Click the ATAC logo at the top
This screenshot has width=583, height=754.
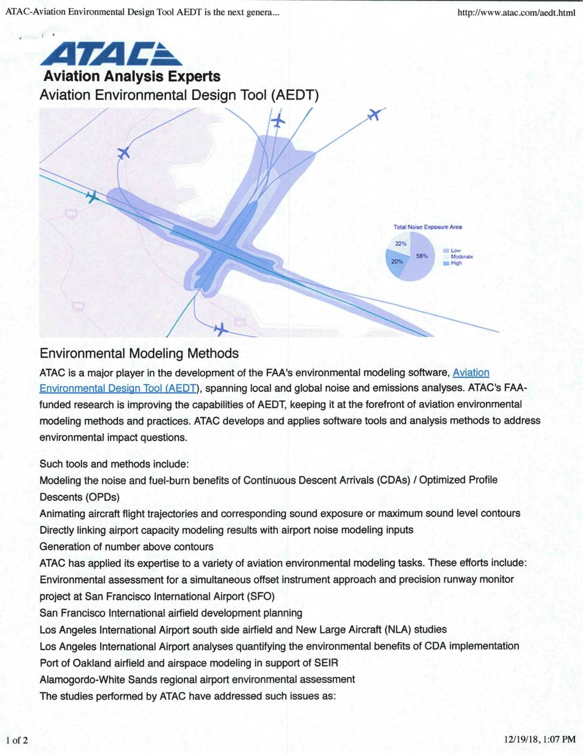(x=111, y=54)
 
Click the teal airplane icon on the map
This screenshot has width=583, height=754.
(x=92, y=197)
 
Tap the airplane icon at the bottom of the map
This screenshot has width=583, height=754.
(x=220, y=329)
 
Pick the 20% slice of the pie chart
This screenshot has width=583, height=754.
(x=396, y=263)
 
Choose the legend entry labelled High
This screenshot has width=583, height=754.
(x=456, y=263)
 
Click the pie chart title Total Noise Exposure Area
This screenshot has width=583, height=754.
(x=427, y=227)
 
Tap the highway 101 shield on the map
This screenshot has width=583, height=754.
(x=240, y=323)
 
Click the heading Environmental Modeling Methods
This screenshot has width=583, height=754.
(x=139, y=354)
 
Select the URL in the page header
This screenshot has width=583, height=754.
(x=516, y=12)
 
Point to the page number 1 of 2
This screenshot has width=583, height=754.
(x=17, y=740)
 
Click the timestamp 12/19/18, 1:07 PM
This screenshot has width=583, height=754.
(x=539, y=740)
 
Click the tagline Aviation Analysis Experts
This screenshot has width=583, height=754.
(x=132, y=77)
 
